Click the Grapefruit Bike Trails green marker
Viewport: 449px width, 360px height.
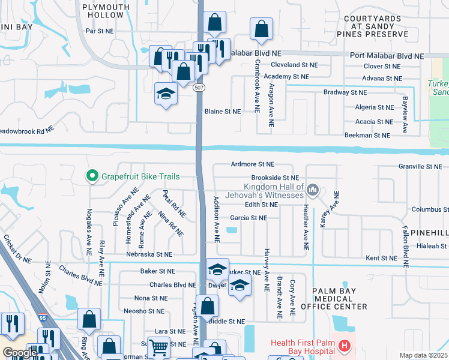coord(92,176)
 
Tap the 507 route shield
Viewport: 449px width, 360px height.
coord(199,88)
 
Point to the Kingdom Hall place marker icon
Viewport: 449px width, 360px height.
coord(312,190)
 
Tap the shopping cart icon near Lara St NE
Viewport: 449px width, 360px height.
coord(158,347)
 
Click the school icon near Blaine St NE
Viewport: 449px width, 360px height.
coord(166,94)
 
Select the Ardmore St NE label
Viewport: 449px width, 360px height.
coord(252,164)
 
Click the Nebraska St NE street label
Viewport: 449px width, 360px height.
coord(149,254)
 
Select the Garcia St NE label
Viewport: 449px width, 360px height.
coord(249,218)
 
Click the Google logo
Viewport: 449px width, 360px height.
coord(19,353)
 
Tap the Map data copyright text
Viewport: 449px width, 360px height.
coord(424,355)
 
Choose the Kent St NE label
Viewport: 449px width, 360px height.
coord(382,258)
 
